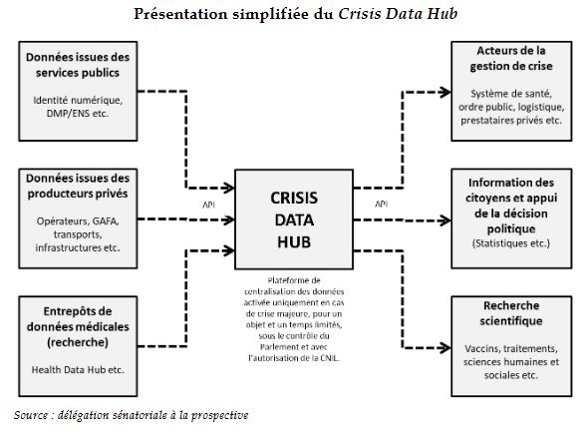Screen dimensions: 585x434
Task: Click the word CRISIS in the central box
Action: (294, 198)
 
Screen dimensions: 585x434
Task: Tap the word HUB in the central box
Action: (294, 242)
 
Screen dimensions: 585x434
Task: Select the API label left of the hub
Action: (208, 205)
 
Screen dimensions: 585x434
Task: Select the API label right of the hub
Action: (381, 204)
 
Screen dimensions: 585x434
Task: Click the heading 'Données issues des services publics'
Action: (78, 65)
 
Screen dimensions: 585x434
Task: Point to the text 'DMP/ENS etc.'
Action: (78, 113)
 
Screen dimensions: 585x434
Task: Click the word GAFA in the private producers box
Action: (106, 221)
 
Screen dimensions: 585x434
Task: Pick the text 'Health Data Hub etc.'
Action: (78, 370)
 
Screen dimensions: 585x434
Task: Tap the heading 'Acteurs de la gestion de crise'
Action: (511, 58)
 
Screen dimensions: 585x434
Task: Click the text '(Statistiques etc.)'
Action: (511, 243)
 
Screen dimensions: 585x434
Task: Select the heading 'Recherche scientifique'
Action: (511, 313)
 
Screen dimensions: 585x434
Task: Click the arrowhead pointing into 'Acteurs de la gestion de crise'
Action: (445, 92)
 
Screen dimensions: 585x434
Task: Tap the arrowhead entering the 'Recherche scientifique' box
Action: (445, 348)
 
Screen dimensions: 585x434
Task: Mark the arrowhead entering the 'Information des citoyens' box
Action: (445, 220)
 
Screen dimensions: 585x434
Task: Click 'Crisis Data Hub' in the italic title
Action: (398, 14)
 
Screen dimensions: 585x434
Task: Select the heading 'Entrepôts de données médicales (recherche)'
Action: (78, 327)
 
